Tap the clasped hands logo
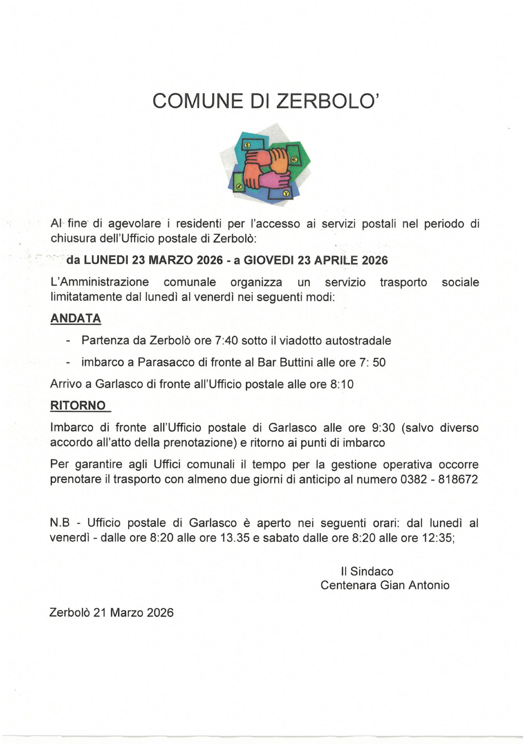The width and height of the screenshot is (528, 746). [265, 165]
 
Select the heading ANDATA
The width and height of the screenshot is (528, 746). [76, 319]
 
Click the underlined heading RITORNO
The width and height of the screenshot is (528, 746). [78, 406]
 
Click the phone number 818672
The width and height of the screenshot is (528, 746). [458, 479]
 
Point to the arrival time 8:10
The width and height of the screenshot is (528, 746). [342, 384]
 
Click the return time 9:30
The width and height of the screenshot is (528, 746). [383, 428]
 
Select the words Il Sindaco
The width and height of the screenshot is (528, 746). [367, 571]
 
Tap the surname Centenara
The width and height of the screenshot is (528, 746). [348, 585]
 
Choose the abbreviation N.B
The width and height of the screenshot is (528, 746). [59, 523]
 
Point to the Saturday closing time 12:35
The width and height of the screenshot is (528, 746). [437, 538]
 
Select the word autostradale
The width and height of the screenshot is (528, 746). [358, 341]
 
